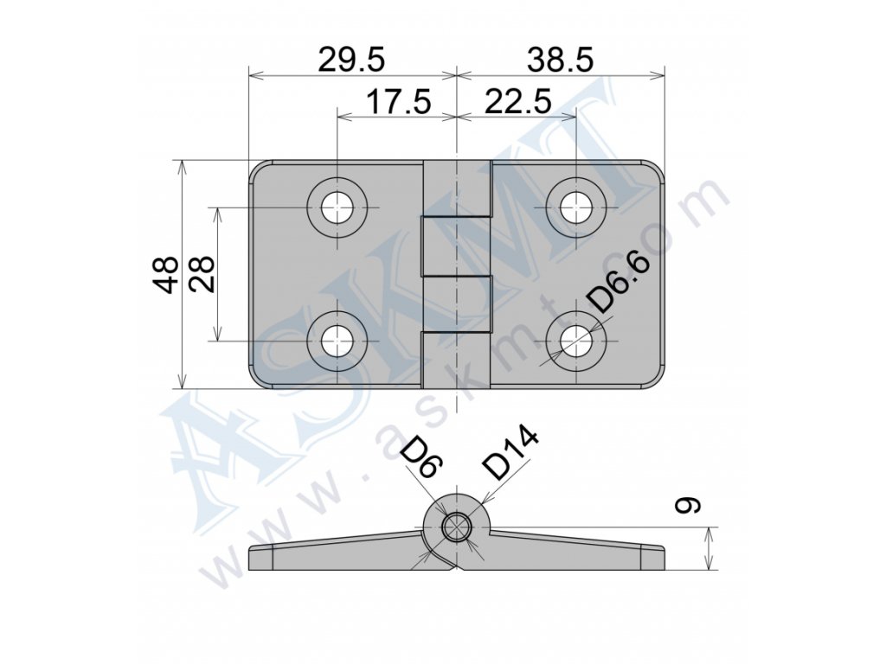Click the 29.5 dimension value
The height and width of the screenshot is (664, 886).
(x=351, y=60)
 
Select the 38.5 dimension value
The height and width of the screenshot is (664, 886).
(x=560, y=60)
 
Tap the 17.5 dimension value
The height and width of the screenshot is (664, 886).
(x=398, y=102)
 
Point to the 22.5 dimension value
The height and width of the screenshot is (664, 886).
(x=517, y=102)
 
